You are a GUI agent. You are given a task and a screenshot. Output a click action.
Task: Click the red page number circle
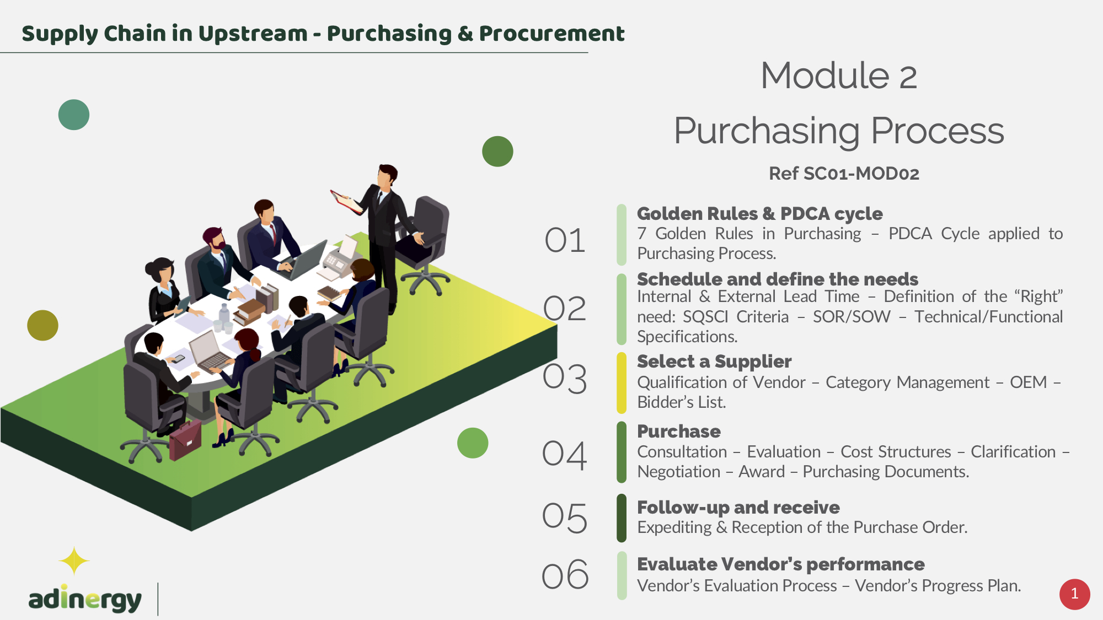(1074, 594)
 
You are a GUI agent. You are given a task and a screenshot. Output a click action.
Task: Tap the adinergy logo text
(85, 599)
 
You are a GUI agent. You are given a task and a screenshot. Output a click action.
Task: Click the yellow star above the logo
(74, 561)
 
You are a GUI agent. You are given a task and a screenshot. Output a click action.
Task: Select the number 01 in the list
(565, 241)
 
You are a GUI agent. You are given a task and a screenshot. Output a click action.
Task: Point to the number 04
(564, 455)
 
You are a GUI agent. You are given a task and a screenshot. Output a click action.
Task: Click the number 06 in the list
(565, 575)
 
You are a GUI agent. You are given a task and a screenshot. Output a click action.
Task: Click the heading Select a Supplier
(714, 362)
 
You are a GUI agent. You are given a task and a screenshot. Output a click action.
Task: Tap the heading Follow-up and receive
(738, 507)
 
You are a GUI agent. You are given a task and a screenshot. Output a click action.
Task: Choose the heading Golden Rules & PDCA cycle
(759, 214)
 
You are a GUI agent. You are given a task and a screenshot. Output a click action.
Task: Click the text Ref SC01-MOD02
(844, 174)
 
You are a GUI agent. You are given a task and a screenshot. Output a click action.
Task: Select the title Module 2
(839, 76)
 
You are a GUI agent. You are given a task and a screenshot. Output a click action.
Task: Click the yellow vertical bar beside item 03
(622, 383)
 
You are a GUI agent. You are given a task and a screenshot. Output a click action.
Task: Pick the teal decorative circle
(74, 115)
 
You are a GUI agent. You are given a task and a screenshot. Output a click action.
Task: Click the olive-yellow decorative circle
(42, 325)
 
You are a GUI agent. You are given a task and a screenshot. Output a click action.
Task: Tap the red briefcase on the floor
(185, 440)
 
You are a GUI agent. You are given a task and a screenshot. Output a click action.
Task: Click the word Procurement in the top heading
(551, 34)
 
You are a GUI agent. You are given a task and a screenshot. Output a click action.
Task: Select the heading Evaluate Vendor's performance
(780, 564)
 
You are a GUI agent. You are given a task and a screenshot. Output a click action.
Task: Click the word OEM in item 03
(1028, 382)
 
